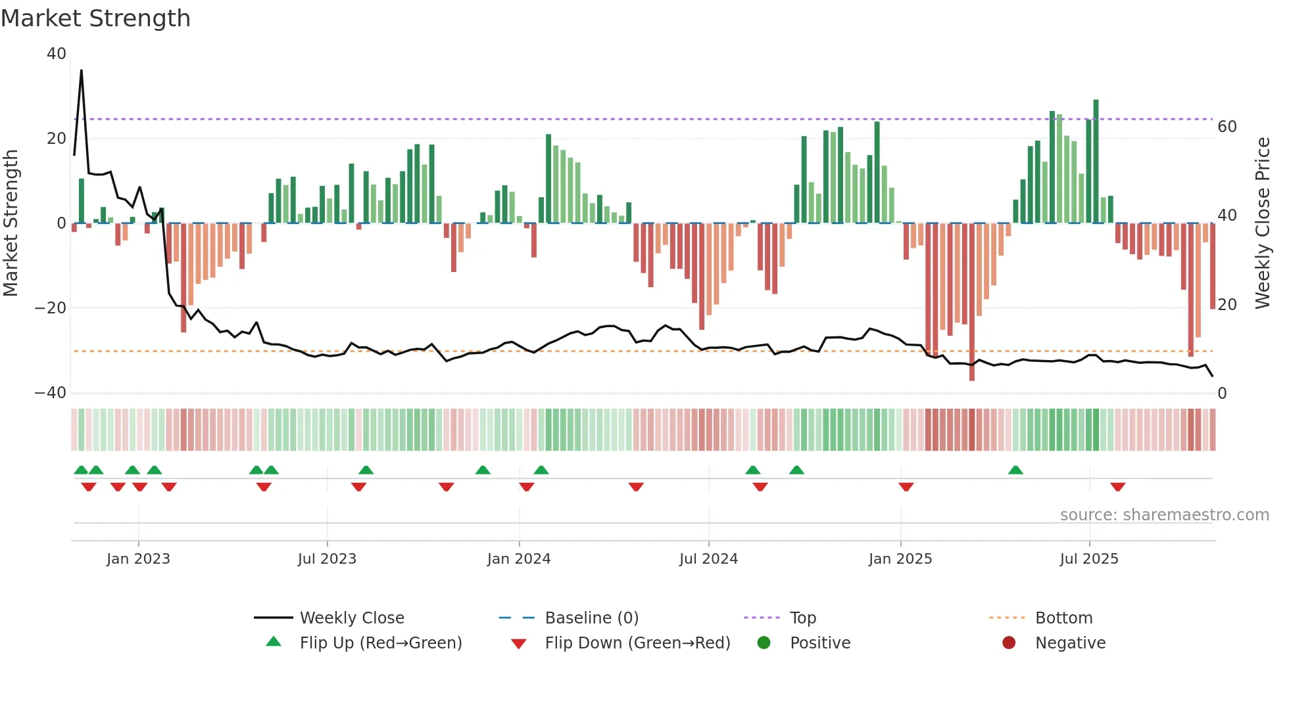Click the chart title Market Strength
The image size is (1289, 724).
pos(95,18)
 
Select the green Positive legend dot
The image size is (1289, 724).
pos(764,643)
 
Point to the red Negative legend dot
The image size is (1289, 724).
pos(1009,643)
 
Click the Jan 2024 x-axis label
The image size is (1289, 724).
pos(519,558)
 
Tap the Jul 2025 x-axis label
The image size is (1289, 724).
pos(1089,558)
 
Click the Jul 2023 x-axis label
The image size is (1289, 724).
pos(327,558)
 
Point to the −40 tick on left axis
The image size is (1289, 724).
pos(51,393)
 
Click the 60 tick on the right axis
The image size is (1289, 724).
pos(1227,126)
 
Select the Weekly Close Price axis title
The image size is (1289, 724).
pos(1263,223)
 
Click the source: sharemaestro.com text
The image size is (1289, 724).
pos(1164,514)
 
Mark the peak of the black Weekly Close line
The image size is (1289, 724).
pos(82,70)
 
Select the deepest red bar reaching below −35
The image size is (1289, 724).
pos(972,302)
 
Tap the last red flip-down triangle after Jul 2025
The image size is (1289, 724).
pos(1118,487)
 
